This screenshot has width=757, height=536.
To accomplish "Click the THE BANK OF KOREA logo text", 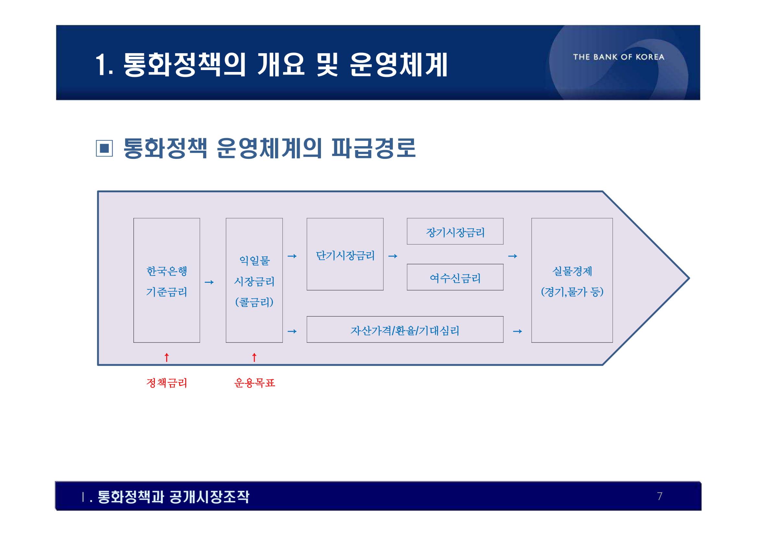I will point(619,57).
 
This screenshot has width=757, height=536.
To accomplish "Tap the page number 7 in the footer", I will point(660,496).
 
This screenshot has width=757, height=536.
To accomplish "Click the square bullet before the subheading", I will point(104,148).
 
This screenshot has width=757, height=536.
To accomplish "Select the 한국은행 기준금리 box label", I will point(166,281).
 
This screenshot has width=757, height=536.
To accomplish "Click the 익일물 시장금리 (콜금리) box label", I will point(254,281).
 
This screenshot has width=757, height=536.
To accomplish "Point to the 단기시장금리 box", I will point(345,255).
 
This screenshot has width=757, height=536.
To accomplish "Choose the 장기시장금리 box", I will point(455,232).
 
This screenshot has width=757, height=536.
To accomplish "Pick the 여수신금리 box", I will point(455,278).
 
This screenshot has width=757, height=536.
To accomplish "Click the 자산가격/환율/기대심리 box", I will point(405,330).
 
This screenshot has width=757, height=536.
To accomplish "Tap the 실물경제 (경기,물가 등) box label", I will point(572,281).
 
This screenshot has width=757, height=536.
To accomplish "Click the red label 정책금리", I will point(166,383).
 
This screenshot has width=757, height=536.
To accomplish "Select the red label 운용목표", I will point(254,383).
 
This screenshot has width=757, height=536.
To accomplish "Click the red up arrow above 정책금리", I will point(166,357).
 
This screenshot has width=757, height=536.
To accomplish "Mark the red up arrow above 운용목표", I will point(254,357).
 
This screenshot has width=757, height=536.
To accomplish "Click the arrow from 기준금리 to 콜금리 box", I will point(209,282).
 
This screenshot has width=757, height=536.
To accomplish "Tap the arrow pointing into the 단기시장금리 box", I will point(292,256).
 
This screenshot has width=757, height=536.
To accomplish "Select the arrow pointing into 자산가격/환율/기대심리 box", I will point(292,331).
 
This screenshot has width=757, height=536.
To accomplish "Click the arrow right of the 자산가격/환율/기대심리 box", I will point(517,331).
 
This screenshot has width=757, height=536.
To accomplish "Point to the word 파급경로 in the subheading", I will point(373,148).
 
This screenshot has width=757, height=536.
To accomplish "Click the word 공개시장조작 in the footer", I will point(209,497).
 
